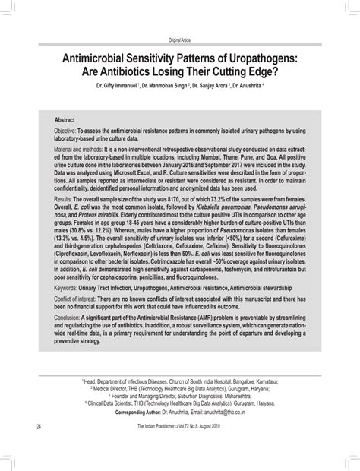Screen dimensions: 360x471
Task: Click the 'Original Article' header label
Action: click(x=179, y=40)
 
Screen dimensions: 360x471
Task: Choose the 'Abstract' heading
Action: click(x=65, y=121)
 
